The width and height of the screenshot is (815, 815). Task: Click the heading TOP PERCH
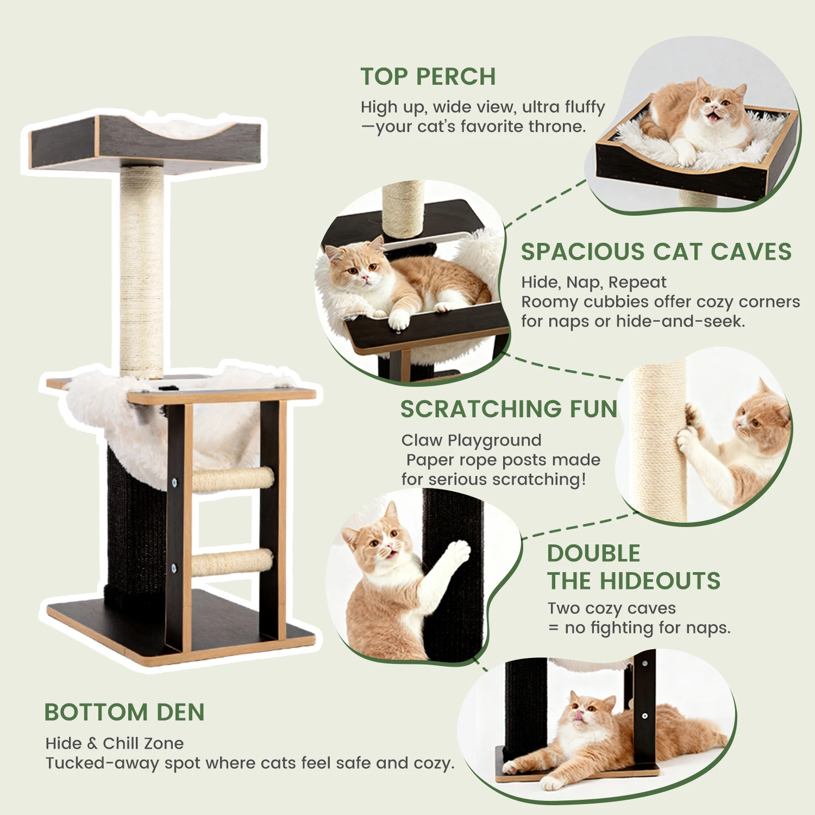428,77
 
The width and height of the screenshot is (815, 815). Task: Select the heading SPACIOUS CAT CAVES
656,252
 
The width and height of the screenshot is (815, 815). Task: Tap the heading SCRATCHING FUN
509,409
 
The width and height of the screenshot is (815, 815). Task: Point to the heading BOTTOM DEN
124,712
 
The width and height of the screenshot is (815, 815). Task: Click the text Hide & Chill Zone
115,743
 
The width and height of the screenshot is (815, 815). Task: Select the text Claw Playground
472,440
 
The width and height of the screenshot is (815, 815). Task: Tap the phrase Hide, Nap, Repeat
594,283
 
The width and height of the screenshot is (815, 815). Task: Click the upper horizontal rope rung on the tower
233,480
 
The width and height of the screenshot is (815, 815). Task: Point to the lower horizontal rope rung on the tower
233,562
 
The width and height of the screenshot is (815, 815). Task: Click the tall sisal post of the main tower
142,272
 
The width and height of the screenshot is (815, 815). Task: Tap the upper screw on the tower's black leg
175,481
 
